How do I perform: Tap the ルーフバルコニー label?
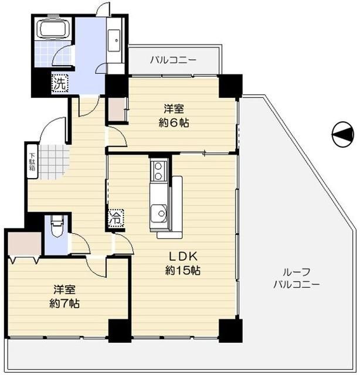(296, 278)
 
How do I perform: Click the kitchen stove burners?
(157, 171)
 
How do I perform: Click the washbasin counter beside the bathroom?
(116, 38)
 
